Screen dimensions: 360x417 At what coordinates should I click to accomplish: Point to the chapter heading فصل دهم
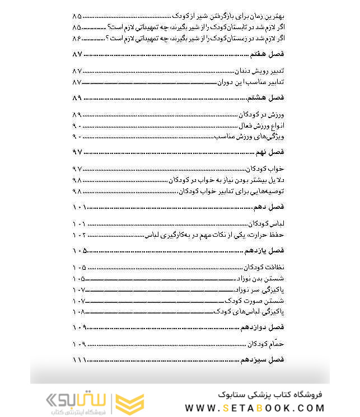click(271, 207)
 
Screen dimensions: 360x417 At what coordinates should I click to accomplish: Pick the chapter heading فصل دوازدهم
click(263, 326)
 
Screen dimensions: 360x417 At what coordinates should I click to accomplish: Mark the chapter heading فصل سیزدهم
click(264, 359)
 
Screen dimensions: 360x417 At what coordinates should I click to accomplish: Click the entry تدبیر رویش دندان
click(259, 71)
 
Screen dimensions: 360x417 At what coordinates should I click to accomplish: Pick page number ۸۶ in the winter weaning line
click(77, 38)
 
